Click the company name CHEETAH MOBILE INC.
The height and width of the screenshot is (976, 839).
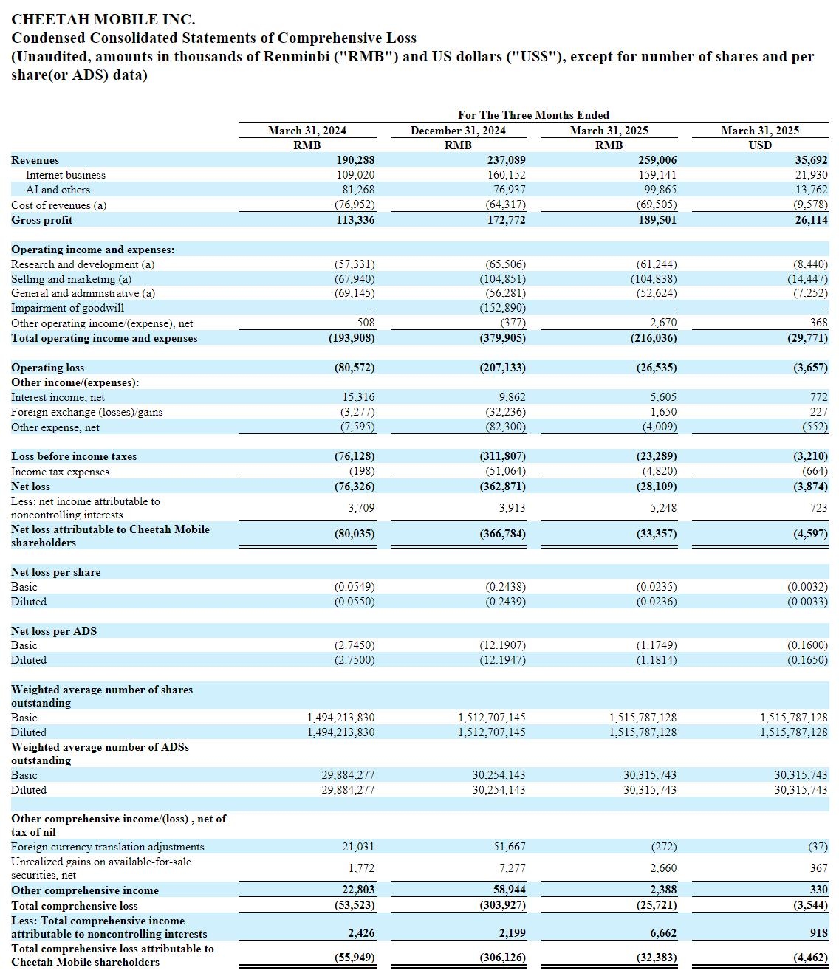point(103,19)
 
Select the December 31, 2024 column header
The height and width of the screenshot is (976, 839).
point(457,131)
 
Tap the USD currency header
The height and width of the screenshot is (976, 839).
point(760,145)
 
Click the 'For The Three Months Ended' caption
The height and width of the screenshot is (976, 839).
point(533,114)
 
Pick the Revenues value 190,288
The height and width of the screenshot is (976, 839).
point(355,160)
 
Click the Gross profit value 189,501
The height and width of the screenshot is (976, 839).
point(657,219)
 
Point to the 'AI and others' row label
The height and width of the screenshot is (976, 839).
point(58,189)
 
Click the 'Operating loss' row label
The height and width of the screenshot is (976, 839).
point(48,368)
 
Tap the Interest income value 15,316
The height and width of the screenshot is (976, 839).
point(358,397)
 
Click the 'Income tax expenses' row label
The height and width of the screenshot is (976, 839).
point(60,471)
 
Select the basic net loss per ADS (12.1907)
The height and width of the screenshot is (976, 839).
point(503,645)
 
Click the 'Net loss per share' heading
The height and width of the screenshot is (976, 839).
point(55,572)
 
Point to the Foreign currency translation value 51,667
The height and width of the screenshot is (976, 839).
point(510,847)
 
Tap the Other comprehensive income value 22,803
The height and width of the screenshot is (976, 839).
point(358,889)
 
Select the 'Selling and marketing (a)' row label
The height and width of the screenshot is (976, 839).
point(72,279)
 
